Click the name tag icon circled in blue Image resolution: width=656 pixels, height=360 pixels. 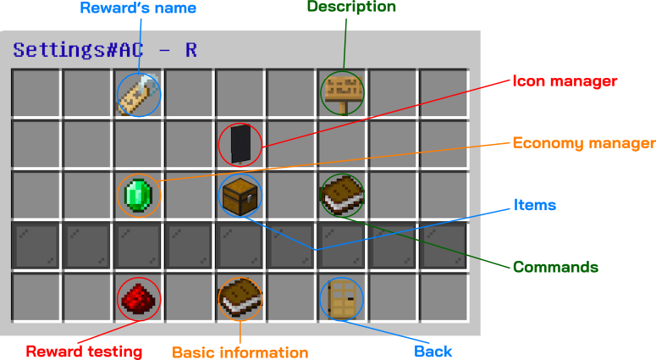pos(138,93)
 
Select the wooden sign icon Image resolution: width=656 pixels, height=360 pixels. pos(342,92)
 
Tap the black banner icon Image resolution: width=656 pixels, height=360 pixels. pos(240,143)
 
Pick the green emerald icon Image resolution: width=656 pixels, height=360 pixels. pos(138,196)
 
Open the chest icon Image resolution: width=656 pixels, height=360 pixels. pos(240,195)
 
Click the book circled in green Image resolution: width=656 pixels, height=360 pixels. pos(342,195)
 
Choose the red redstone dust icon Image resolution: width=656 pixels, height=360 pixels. pos(138,298)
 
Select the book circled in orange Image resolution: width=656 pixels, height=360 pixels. pos(240,298)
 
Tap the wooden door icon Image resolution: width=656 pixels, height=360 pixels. pos(342,298)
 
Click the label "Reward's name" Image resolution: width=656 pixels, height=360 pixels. pos(138,8)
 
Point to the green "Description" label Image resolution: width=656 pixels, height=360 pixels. pos(351,7)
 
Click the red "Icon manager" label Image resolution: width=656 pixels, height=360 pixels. pos(565,81)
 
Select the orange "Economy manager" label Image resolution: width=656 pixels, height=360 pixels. pos(583,143)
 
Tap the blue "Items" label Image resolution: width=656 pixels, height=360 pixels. pos(535,205)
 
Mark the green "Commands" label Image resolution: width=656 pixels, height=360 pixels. pos(555,267)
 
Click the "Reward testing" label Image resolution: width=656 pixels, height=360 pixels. pos(84,351)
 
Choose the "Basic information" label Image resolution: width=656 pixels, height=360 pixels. pos(240,352)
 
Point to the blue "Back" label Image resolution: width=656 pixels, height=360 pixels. pos(433,351)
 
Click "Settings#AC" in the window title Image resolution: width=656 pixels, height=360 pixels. pos(78,50)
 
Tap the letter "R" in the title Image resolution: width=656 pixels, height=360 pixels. pos(191,50)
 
